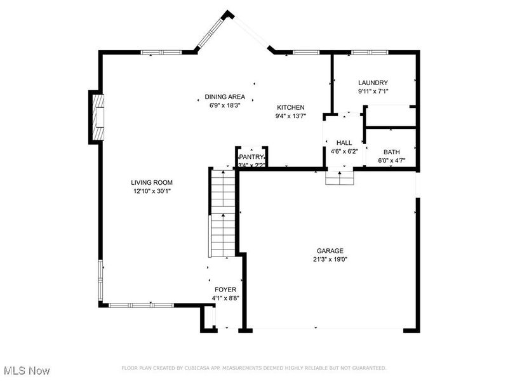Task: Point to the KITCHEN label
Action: [x=290, y=107]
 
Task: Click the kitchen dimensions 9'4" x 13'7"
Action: [x=290, y=116]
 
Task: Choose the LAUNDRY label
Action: [x=373, y=83]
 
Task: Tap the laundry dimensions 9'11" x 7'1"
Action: [x=373, y=91]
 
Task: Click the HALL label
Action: [x=344, y=143]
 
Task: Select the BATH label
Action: [x=391, y=152]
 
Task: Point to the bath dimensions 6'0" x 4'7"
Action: [x=391, y=161]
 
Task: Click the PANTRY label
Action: [x=251, y=157]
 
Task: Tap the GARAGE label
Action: [x=330, y=250]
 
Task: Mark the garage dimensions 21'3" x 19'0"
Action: [x=330, y=259]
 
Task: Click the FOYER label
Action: [x=225, y=290]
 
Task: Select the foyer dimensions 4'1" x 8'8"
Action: [x=225, y=298]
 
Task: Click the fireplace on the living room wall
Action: [x=97, y=117]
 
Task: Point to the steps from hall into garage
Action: [x=339, y=178]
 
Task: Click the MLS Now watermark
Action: [x=26, y=370]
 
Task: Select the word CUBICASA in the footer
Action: [x=198, y=368]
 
